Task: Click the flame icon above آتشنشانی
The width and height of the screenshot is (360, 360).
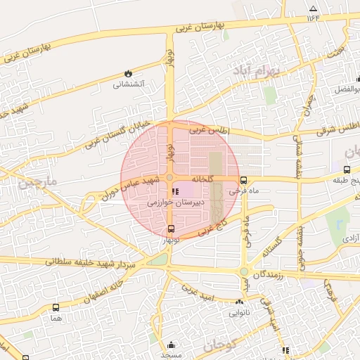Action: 128,72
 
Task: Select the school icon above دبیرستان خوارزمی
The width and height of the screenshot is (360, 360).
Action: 175,191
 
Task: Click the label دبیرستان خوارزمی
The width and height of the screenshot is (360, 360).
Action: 175,202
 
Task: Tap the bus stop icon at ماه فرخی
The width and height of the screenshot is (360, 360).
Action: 243,180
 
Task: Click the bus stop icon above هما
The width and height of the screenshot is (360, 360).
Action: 56,307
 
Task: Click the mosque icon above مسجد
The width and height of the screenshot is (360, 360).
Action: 172,345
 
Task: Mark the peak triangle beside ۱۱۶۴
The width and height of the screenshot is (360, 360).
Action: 313,9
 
